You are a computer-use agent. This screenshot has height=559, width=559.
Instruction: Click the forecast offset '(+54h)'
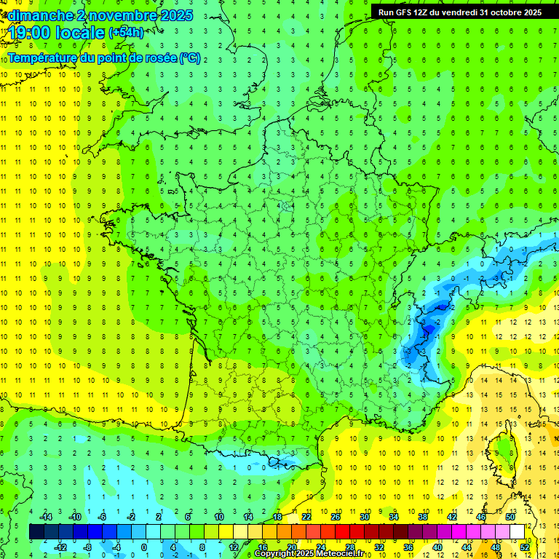126,33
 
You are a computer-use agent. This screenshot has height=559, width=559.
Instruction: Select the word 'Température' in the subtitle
45,58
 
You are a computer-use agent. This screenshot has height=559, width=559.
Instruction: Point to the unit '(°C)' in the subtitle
190,58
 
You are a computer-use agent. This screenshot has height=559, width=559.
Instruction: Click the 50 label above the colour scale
510,516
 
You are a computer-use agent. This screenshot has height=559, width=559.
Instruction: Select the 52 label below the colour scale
525,547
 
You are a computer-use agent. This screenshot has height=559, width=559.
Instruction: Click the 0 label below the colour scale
144,547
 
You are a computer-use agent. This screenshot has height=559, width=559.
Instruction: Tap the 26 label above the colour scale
336,516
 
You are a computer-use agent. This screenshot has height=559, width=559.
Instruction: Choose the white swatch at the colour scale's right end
517,531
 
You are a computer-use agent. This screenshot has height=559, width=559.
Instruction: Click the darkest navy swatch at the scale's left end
36,531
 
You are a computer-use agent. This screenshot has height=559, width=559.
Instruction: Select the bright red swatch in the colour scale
342,531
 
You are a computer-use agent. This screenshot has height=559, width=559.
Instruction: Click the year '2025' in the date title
175,15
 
